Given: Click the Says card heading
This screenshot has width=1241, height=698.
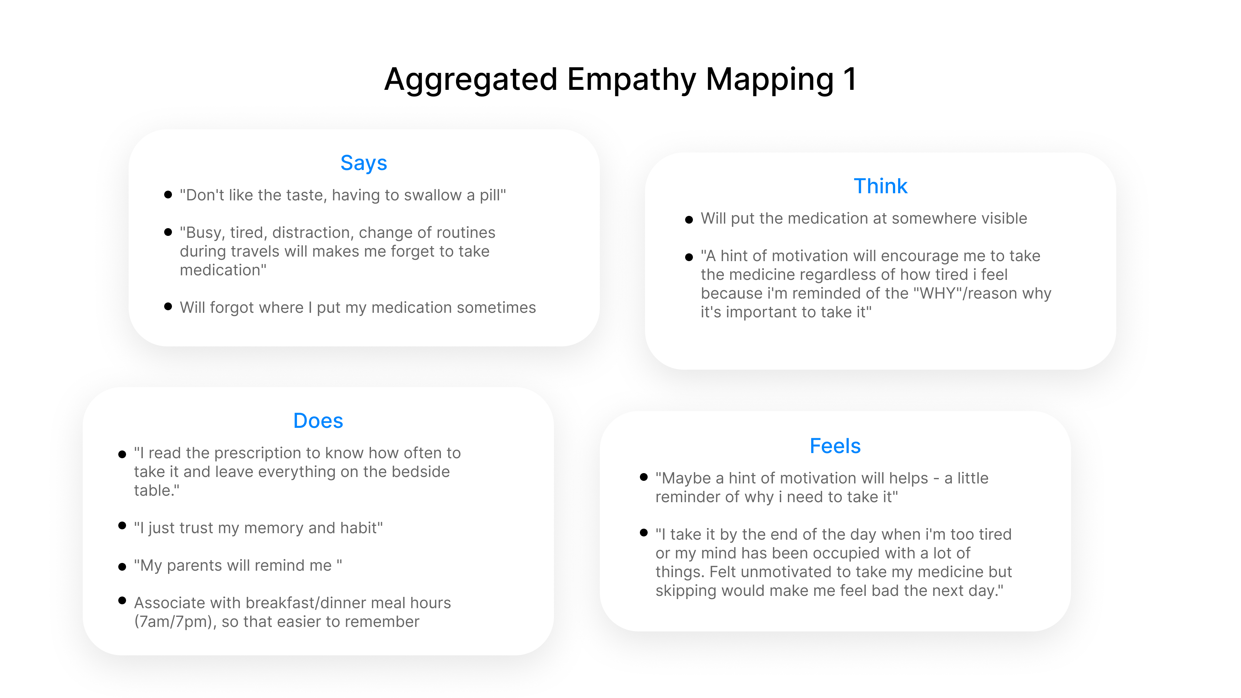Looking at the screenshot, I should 364,163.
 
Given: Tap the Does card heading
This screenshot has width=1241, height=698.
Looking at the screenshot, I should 318,420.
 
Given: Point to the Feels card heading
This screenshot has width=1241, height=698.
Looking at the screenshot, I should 835,446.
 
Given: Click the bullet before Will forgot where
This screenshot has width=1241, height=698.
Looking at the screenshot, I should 168,306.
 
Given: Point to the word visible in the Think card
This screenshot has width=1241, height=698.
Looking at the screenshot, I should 1004,218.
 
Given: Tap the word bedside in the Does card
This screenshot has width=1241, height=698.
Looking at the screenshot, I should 420,471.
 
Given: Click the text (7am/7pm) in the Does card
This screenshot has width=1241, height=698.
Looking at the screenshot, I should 175,621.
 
